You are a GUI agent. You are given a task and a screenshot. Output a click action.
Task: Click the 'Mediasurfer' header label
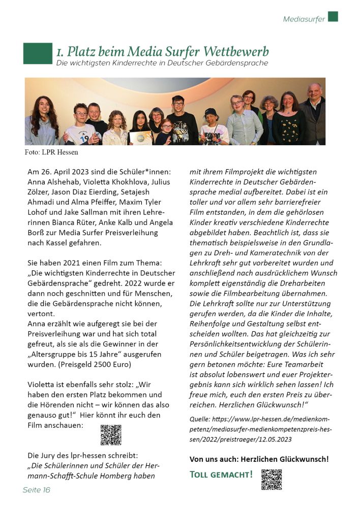[x=304, y=19]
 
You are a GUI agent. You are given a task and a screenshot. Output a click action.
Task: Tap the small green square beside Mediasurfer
[x=333, y=16]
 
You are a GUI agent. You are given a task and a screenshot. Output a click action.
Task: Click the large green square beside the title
[x=37, y=53]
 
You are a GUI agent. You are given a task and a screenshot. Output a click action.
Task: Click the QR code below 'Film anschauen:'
[x=110, y=435]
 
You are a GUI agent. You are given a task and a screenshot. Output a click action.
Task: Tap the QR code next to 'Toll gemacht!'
[x=271, y=479]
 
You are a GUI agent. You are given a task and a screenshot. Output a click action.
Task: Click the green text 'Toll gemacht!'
[x=221, y=475]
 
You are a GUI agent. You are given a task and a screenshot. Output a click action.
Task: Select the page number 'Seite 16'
[x=37, y=490]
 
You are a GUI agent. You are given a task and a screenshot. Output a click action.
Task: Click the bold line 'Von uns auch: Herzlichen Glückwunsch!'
[x=259, y=459]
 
